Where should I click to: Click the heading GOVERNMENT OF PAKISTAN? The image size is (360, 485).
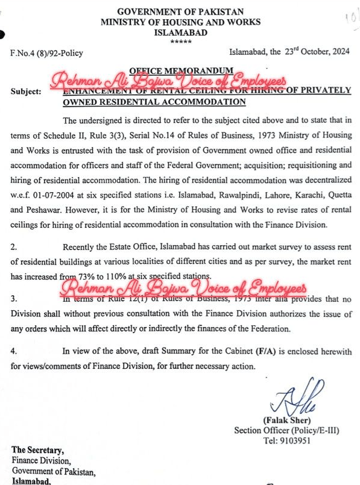click(x=181, y=12)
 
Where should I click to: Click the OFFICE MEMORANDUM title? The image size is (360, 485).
click(x=181, y=70)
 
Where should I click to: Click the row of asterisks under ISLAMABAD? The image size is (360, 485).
click(x=180, y=40)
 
